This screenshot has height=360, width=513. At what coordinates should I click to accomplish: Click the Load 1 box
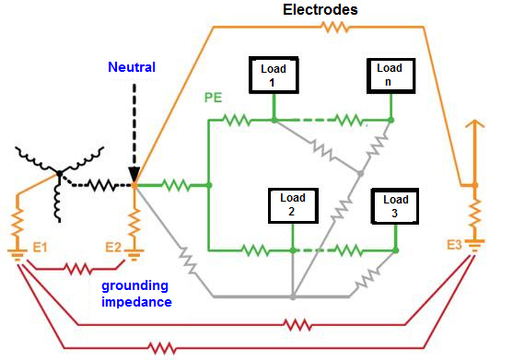(274, 75)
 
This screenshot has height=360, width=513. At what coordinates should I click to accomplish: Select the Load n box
(390, 75)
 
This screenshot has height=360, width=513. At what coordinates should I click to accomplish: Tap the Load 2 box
(291, 207)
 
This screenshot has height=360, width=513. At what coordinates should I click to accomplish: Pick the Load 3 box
(396, 207)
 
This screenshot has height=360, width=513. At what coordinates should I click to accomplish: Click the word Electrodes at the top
(321, 10)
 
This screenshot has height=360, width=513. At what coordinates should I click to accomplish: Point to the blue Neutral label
(132, 67)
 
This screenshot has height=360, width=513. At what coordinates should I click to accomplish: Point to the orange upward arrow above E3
(475, 129)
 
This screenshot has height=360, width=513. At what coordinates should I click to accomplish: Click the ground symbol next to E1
(17, 253)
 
